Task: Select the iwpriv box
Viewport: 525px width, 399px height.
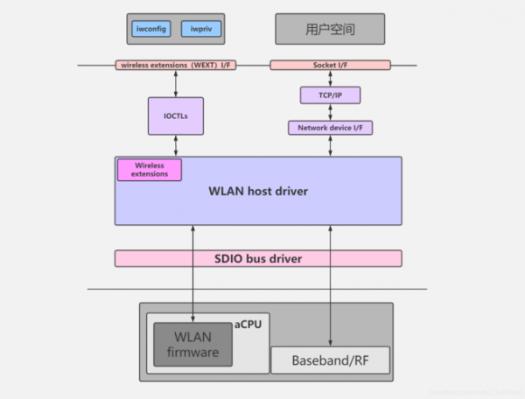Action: click(x=200, y=29)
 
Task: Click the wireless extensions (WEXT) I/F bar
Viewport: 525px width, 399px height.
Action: click(x=177, y=65)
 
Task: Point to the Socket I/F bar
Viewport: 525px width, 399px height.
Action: click(x=330, y=65)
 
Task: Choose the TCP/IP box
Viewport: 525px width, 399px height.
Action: click(x=330, y=94)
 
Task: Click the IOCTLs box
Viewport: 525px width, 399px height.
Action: click(x=176, y=115)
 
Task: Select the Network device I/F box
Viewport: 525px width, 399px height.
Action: click(x=330, y=128)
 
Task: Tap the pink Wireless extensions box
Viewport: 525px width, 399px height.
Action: click(x=150, y=169)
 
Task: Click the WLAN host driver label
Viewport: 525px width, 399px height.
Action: click(x=257, y=191)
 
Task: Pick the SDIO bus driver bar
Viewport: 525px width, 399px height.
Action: click(x=257, y=258)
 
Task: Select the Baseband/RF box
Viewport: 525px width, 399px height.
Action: click(x=329, y=360)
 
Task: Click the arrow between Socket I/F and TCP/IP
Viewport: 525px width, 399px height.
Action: click(x=330, y=79)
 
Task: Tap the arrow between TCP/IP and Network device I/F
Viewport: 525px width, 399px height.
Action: click(x=330, y=112)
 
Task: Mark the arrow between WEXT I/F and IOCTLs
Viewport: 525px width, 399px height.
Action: click(x=176, y=83)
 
